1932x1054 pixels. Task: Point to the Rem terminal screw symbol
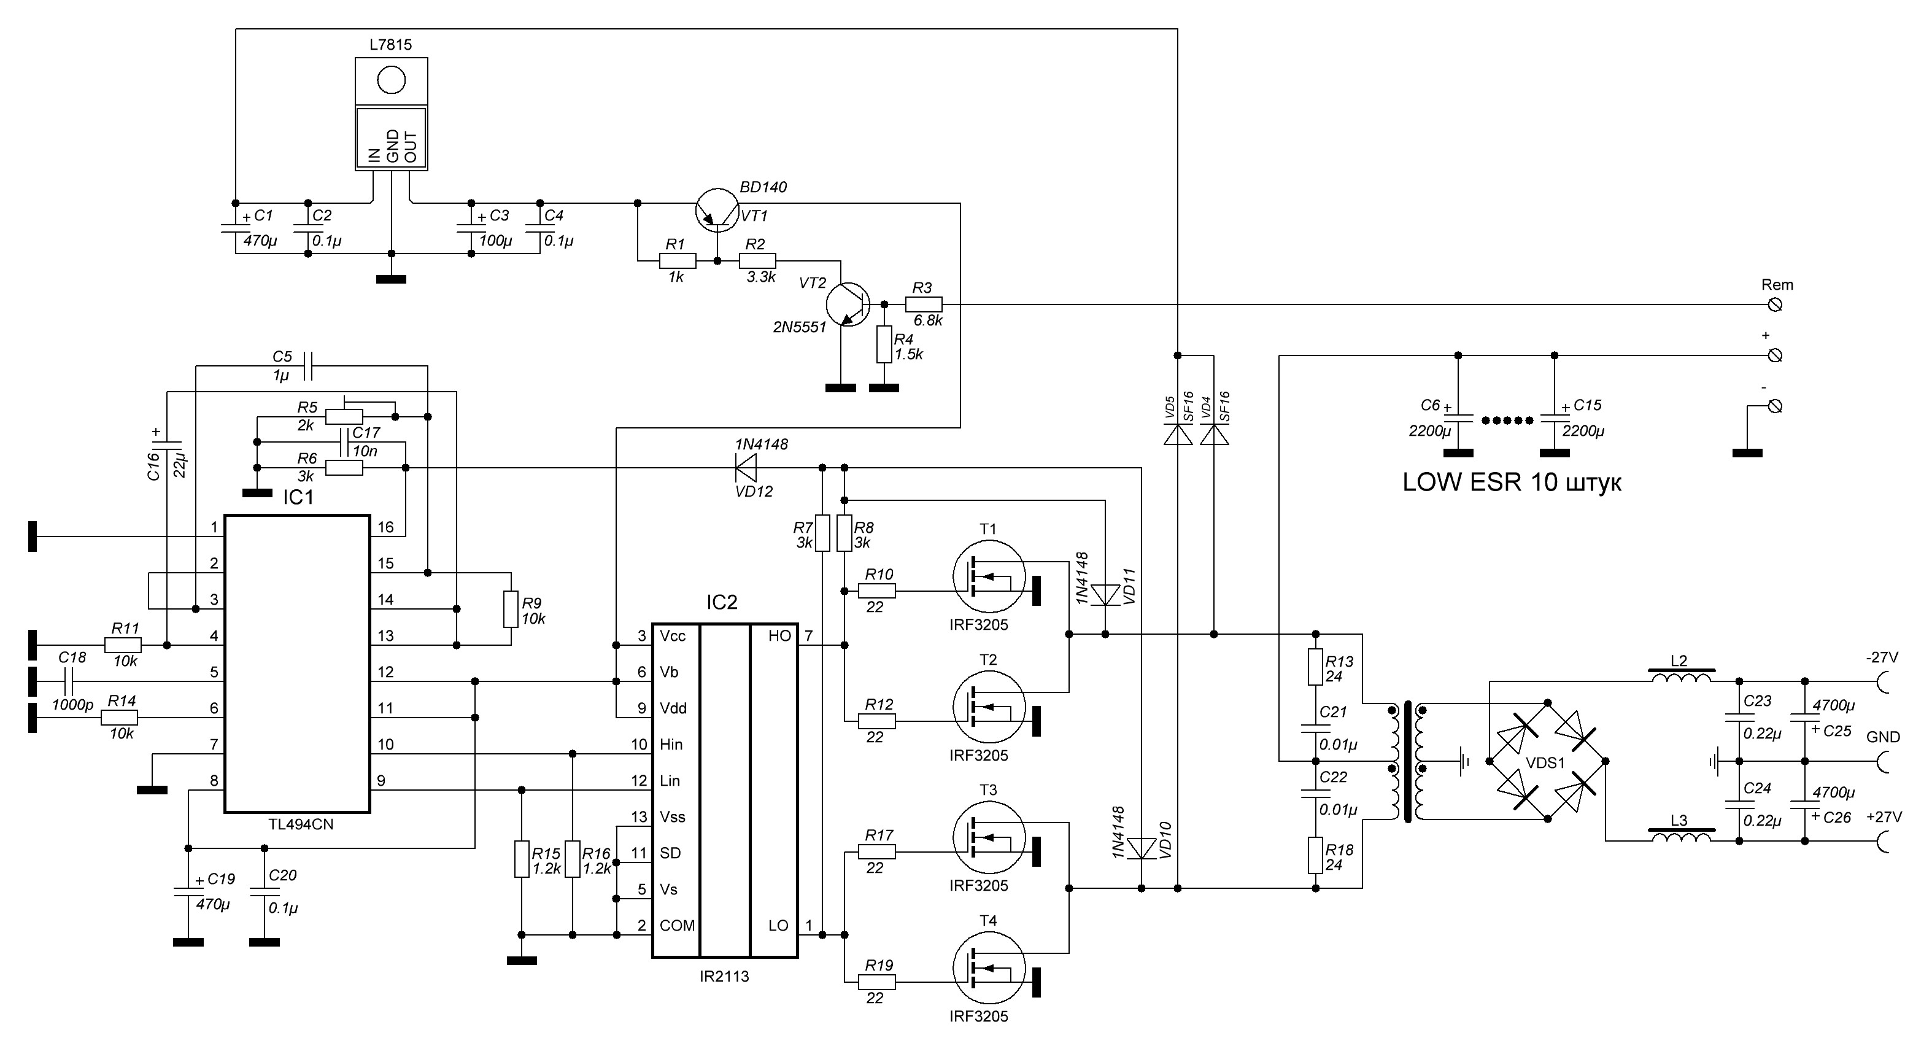(1774, 304)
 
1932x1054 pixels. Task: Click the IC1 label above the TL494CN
(298, 497)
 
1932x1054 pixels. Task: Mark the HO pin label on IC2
(779, 636)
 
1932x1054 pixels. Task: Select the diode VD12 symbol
(746, 468)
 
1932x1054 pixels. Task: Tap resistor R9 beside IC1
(511, 608)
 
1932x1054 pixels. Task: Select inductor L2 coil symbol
(1681, 679)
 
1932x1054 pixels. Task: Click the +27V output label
(1884, 817)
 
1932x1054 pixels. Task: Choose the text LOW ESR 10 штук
(1511, 482)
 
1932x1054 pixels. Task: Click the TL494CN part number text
(301, 824)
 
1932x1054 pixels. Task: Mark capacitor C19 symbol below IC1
(188, 893)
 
